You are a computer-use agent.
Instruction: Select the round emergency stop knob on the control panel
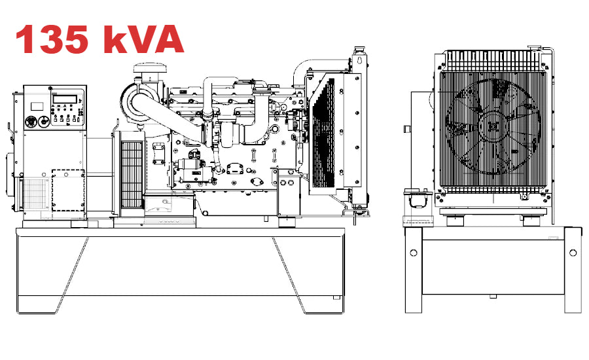pyautogui.click(x=30, y=122)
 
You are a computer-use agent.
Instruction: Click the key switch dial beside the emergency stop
pyautogui.click(x=44, y=122)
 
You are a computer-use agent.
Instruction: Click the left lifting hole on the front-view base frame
pyautogui.click(x=413, y=253)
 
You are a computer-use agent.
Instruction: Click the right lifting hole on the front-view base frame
pyautogui.click(x=573, y=253)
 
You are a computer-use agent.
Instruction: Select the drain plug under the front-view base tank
pyautogui.click(x=492, y=296)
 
